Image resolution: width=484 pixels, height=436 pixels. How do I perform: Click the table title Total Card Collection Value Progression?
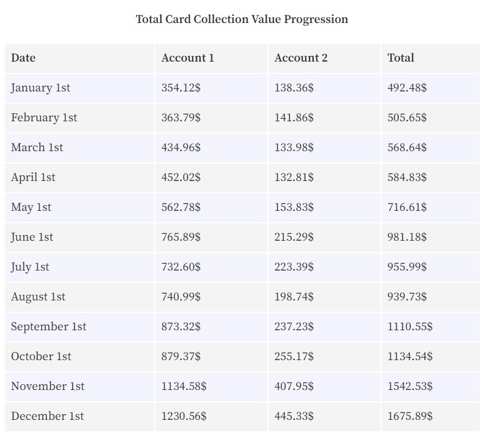242,19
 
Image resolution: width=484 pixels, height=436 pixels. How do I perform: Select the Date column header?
23,58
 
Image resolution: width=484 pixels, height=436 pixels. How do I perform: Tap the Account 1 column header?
188,58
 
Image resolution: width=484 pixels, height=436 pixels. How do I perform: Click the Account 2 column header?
301,58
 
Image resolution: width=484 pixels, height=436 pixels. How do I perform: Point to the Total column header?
401,58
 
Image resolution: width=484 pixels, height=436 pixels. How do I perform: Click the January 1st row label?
40,88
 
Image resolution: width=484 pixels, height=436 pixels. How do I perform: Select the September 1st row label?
48,327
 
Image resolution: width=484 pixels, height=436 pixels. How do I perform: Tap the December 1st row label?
48,416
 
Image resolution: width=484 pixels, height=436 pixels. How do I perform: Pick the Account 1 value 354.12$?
181,88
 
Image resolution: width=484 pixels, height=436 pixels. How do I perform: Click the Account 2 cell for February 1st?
294,118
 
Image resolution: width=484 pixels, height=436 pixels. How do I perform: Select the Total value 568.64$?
407,147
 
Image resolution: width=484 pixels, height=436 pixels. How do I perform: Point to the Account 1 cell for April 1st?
181,177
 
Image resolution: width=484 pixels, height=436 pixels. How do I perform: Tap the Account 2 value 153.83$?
294,207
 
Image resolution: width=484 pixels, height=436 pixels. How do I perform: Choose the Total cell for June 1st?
407,237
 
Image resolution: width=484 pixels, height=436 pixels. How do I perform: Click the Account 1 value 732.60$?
181,267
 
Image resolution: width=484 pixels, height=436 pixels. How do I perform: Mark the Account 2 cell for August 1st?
294,297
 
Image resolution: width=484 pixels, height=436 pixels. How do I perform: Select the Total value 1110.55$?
410,327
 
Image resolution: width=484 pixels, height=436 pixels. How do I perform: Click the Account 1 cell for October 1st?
181,356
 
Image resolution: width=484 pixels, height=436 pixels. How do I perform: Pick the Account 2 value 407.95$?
294,386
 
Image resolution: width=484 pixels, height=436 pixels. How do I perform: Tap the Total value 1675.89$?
410,416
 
